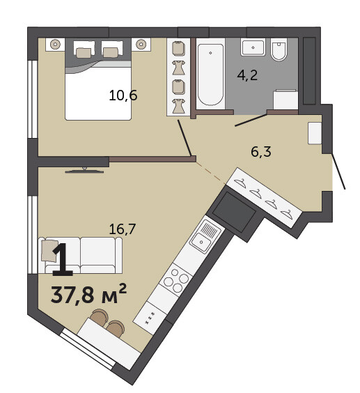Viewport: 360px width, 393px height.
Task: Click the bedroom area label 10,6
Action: (x=123, y=95)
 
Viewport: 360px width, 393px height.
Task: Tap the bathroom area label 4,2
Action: (x=247, y=75)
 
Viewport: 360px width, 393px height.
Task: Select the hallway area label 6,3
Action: (x=261, y=152)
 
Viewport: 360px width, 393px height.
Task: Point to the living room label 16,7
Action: (x=123, y=229)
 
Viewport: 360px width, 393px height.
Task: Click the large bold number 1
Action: (x=62, y=260)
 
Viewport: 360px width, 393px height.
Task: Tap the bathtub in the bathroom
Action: (x=210, y=74)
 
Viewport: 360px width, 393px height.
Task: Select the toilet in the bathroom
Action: (x=279, y=49)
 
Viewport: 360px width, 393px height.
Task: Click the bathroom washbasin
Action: (x=253, y=47)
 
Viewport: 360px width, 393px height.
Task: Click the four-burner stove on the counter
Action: (x=177, y=279)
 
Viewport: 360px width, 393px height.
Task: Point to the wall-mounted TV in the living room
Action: (x=84, y=171)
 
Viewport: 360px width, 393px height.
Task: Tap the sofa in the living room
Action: (x=80, y=255)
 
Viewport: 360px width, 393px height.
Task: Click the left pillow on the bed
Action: (x=84, y=53)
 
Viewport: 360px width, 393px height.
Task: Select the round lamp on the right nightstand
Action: (x=141, y=44)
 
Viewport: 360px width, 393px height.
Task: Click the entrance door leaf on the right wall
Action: (x=338, y=171)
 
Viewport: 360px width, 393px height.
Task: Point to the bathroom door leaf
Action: (x=251, y=120)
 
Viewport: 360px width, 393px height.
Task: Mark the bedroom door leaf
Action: (x=185, y=138)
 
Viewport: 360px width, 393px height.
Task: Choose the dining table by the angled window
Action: (x=109, y=344)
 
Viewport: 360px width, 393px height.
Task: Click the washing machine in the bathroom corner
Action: (x=285, y=99)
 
